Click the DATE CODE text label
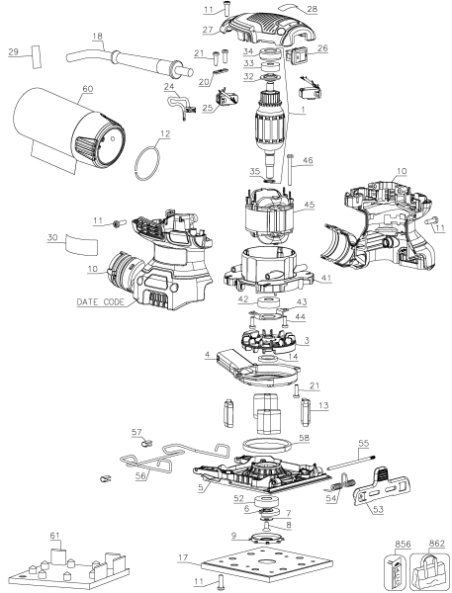click(95, 302)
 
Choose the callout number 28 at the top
click(312, 9)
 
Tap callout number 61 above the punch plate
click(55, 535)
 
